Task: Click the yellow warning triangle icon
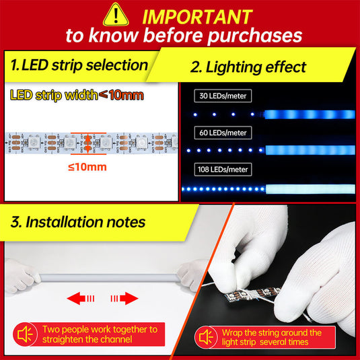tap(116, 15)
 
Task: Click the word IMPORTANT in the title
tap(197, 17)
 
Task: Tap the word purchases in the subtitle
tap(255, 36)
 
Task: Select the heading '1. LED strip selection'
tap(79, 65)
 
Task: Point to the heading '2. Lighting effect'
tap(248, 67)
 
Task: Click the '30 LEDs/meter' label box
tap(223, 96)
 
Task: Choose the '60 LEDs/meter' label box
tap(223, 133)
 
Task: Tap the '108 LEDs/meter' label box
tap(223, 170)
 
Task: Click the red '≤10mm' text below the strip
tap(87, 167)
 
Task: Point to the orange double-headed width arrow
tap(87, 144)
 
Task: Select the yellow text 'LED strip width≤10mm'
tap(77, 95)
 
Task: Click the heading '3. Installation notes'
tap(78, 222)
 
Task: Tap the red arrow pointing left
tap(80, 298)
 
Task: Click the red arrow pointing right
tap(124, 298)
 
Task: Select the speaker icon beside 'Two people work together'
tap(26, 334)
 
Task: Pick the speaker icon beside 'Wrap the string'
tap(206, 338)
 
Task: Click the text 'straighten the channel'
tap(87, 339)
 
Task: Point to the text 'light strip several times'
tap(265, 342)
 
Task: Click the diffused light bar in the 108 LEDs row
tap(310, 189)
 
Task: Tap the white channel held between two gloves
tap(110, 278)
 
